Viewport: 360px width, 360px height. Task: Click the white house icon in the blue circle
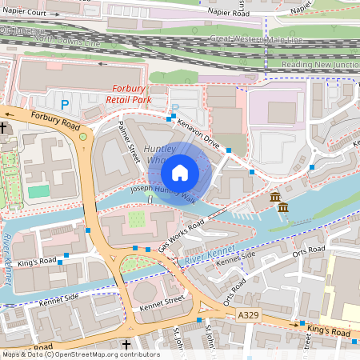tap(179, 172)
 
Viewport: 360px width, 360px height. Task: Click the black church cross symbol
tap(4, 127)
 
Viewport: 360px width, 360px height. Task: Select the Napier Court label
tap(23, 13)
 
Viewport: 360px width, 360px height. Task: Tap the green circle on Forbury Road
tap(83, 138)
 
